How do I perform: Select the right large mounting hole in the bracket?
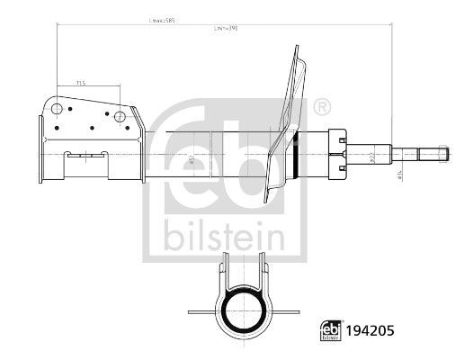click(x=120, y=114)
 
